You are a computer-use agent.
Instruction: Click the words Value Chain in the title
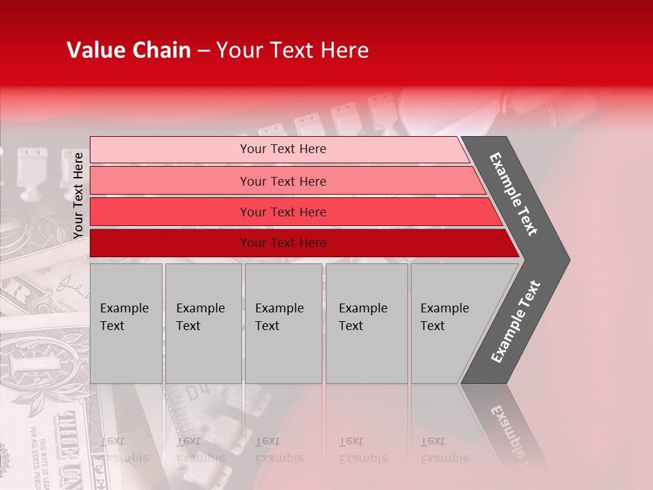129,50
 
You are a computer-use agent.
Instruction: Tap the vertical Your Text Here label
78,195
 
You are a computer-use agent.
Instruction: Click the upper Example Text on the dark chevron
514,194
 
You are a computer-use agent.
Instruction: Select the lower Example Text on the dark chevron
516,321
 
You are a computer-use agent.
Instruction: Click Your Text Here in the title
292,50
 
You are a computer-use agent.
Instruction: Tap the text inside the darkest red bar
283,243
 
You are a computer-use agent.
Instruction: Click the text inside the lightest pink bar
283,149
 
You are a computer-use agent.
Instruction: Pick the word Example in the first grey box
124,308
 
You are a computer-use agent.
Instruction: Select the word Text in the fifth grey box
433,326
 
